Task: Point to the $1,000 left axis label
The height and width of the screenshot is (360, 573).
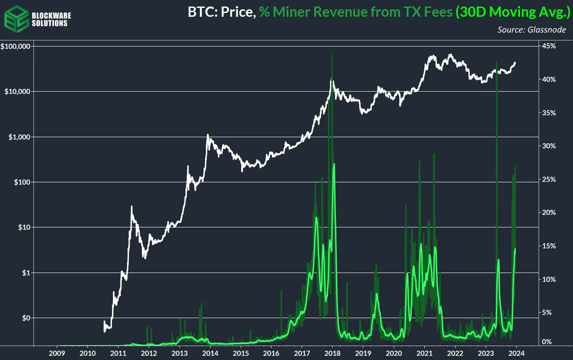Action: coord(20,137)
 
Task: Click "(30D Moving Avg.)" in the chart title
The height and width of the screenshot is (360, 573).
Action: coord(513,13)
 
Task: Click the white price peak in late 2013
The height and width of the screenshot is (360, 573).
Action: coord(208,135)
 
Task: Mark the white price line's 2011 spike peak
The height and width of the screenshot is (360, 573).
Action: coord(132,207)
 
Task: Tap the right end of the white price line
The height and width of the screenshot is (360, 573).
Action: coord(515,63)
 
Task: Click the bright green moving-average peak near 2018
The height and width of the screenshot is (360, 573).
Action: coord(334,164)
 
